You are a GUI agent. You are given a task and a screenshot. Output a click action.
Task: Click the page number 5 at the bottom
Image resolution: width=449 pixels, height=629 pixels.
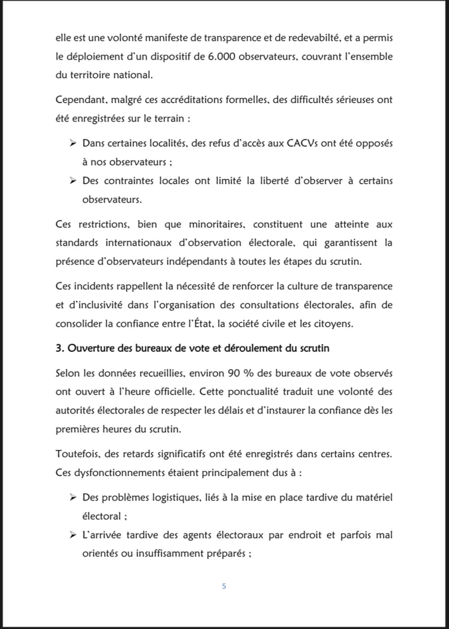pyautogui.click(x=224, y=586)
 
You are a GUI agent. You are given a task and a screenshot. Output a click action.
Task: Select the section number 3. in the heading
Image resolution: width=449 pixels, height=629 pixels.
pyautogui.click(x=60, y=348)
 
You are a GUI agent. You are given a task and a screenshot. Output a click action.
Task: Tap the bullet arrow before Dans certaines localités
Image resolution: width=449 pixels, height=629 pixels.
pyautogui.click(x=71, y=143)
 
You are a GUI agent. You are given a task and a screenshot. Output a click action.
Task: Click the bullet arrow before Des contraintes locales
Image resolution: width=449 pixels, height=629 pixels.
pyautogui.click(x=71, y=181)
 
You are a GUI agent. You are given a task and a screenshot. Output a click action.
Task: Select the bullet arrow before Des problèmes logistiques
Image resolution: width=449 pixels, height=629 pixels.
pyautogui.click(x=71, y=496)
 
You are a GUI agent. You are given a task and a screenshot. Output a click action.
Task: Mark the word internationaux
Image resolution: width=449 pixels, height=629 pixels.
pyautogui.click(x=157, y=241)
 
